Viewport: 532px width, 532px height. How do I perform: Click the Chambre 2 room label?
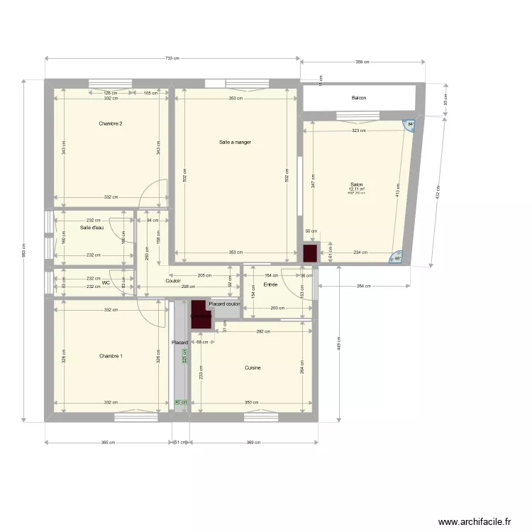point(111,124)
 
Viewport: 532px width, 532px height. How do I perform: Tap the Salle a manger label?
point(235,143)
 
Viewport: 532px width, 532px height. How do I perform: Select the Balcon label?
point(359,98)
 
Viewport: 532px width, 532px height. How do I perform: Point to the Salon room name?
point(356,184)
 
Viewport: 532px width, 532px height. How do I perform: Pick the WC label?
point(106,282)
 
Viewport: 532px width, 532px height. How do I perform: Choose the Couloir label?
point(173,281)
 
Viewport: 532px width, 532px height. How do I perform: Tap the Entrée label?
point(270,284)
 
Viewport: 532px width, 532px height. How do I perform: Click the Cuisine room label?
point(253,367)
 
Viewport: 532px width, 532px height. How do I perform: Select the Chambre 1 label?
point(111,355)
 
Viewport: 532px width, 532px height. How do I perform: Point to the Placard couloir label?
point(224,304)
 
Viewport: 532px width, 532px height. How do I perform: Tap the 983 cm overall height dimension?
point(23,250)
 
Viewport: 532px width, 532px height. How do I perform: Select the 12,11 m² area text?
point(356,189)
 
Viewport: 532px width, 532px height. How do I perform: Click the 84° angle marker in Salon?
point(409,124)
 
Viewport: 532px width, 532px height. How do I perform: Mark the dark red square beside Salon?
point(310,253)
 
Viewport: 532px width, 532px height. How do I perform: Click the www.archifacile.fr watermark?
point(475,521)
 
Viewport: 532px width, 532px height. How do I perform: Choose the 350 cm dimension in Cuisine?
point(251,403)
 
